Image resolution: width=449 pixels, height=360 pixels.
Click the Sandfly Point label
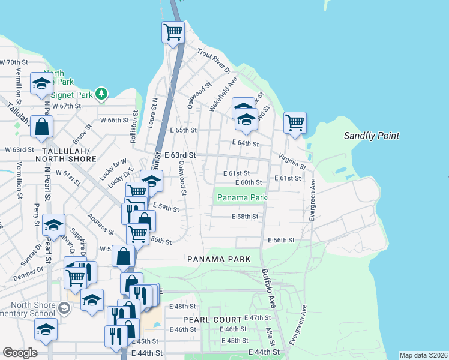click(x=371, y=136)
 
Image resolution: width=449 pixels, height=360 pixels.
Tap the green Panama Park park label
click(x=241, y=197)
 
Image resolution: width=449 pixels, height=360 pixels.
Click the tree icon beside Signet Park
click(x=102, y=94)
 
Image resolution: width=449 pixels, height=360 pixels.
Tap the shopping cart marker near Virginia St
click(x=295, y=123)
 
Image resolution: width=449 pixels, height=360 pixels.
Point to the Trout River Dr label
click(x=213, y=62)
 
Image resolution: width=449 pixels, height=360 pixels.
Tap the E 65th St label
click(x=183, y=130)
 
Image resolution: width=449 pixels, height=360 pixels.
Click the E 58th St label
click(x=245, y=217)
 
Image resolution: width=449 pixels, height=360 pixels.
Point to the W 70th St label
click(x=14, y=62)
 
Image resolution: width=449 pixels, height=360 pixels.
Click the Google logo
click(x=20, y=353)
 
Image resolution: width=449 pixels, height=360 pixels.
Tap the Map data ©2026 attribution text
click(x=423, y=355)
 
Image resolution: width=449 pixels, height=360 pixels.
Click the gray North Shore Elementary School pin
click(x=64, y=308)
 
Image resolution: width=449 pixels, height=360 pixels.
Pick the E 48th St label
click(x=183, y=306)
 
